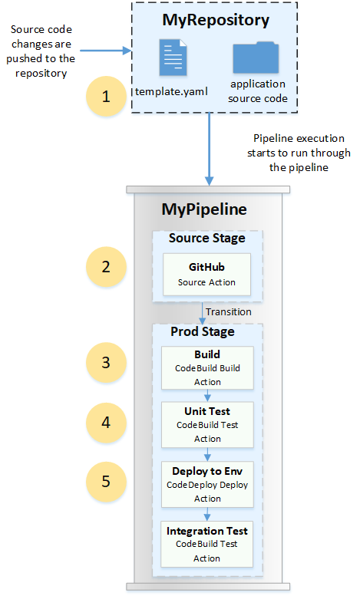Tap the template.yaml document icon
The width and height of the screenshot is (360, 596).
tap(173, 59)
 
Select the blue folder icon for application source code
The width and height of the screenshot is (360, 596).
tap(256, 58)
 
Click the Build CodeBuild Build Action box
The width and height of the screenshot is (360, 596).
tap(207, 367)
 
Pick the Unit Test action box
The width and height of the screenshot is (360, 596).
tap(207, 425)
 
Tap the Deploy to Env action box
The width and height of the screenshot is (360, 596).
tap(207, 485)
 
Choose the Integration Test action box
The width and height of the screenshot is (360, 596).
tap(207, 544)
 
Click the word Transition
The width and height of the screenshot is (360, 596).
tap(230, 312)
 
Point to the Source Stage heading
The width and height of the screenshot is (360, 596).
tap(207, 239)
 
